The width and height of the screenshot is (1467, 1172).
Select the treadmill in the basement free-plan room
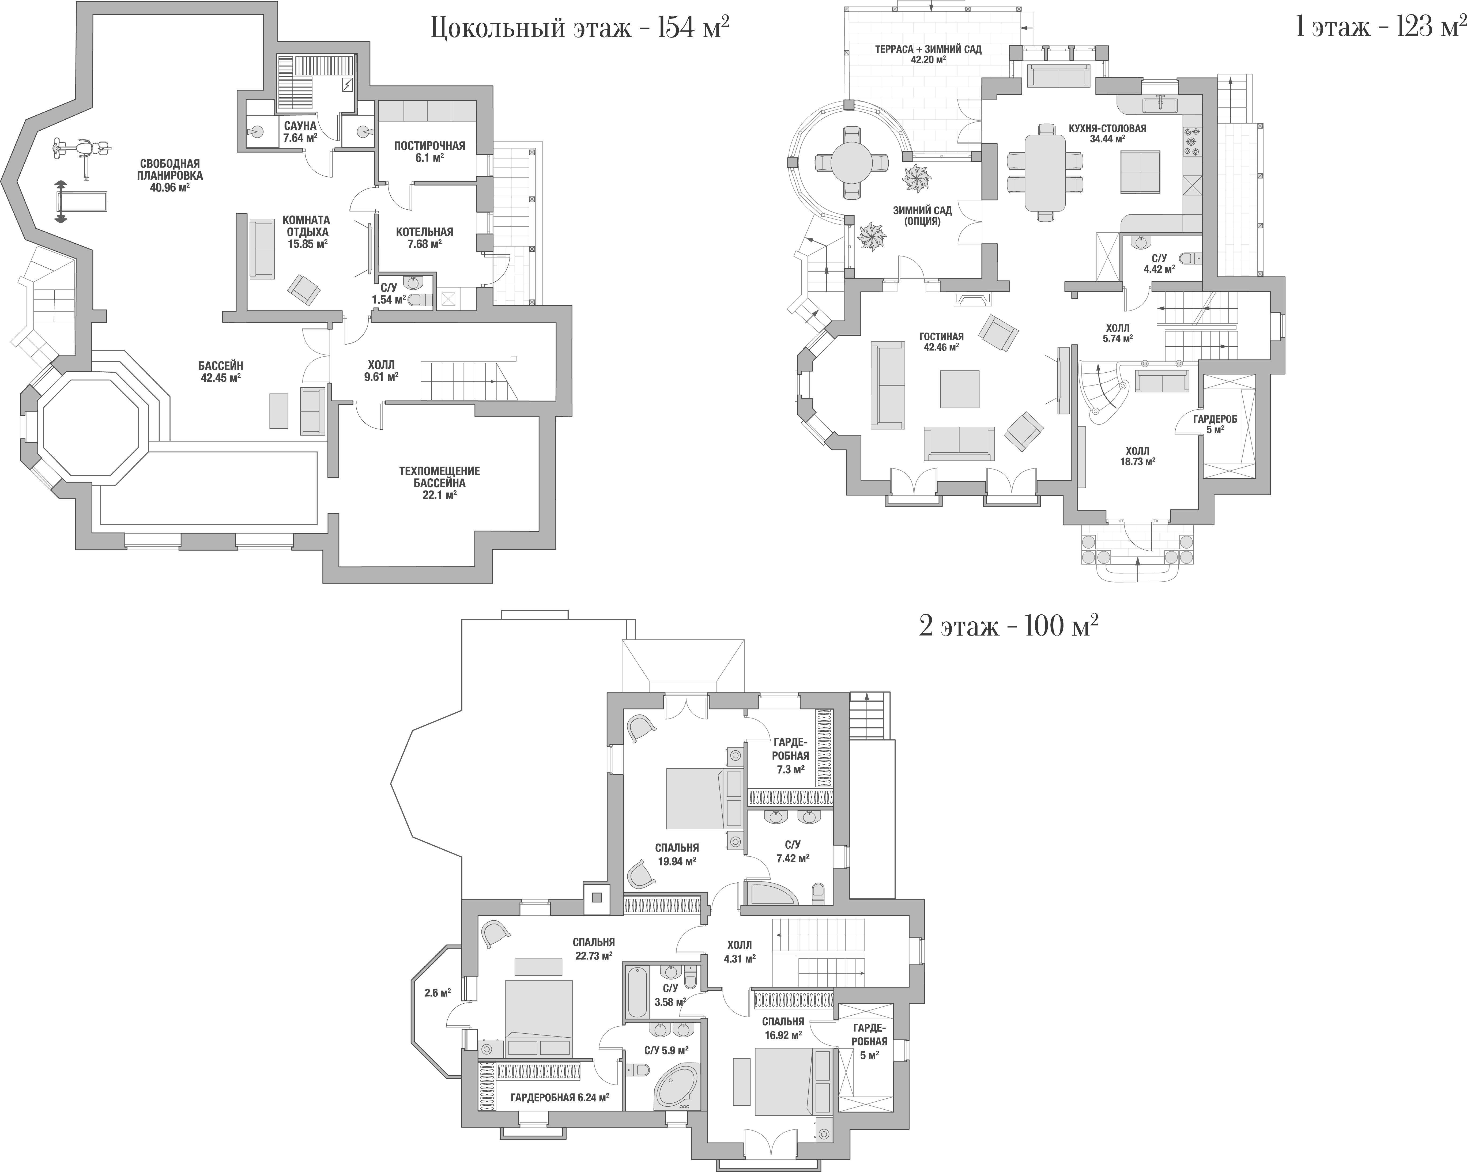pyautogui.click(x=80, y=202)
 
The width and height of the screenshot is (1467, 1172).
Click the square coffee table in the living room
pyautogui.click(x=959, y=389)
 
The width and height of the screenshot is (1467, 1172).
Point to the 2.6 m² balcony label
pyautogui.click(x=438, y=992)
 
